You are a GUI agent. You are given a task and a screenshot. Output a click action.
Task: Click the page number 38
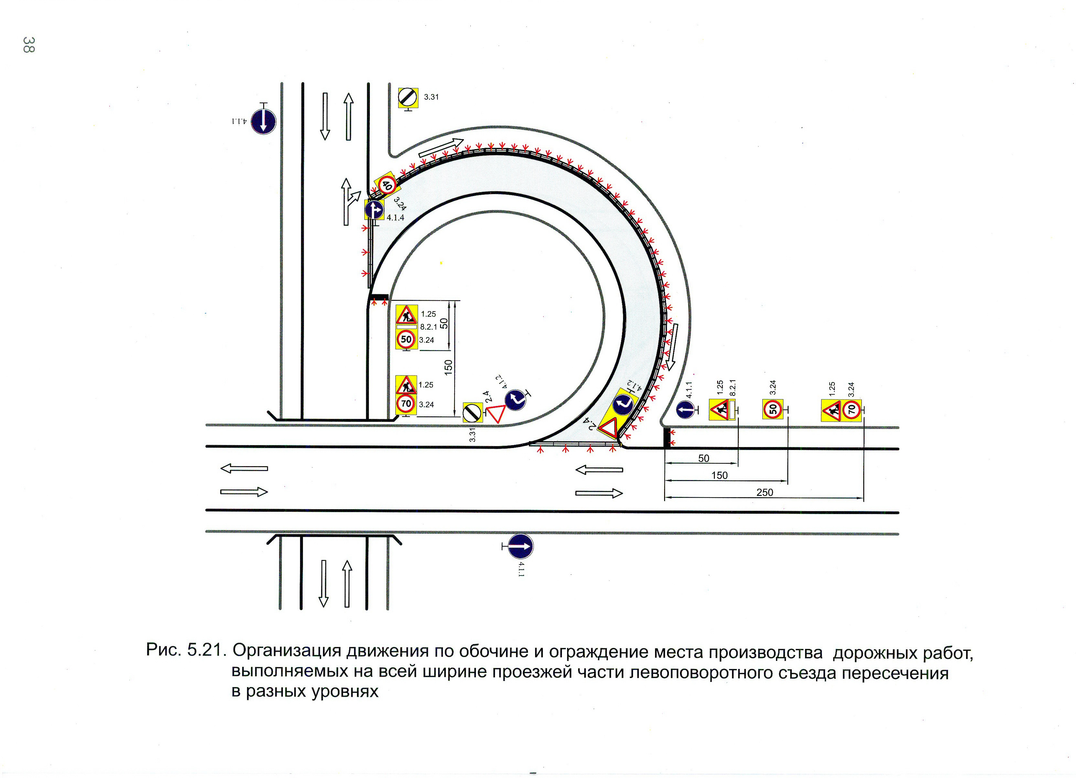point(28,45)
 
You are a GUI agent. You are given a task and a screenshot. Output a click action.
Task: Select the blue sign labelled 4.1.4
point(374,209)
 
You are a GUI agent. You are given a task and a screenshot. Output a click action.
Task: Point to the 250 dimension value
point(764,492)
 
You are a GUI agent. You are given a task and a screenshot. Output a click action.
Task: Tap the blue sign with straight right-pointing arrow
point(521,546)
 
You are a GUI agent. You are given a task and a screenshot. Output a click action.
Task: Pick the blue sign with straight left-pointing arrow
point(685,410)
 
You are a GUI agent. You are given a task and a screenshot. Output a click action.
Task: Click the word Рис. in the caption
point(164,650)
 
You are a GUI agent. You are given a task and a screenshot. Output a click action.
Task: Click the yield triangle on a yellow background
point(608,428)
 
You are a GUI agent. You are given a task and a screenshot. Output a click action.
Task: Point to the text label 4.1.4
point(395,218)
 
